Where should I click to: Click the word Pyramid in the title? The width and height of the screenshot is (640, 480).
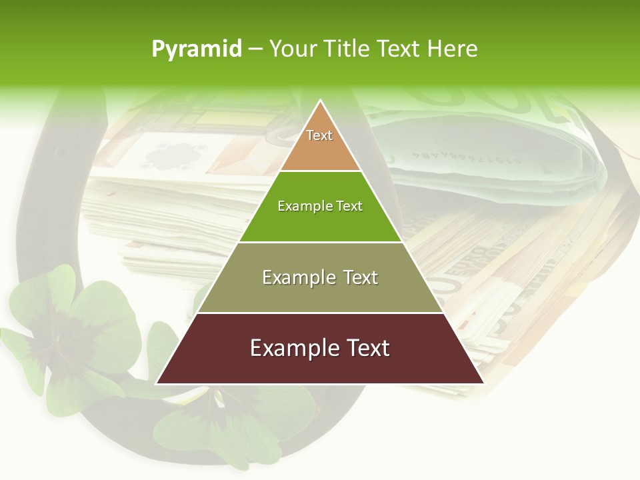197,49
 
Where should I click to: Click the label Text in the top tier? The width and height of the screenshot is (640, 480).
319,135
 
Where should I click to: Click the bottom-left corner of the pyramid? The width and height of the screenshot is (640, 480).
157,383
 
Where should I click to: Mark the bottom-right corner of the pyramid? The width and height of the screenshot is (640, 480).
483,383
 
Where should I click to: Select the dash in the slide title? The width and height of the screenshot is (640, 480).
256,49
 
